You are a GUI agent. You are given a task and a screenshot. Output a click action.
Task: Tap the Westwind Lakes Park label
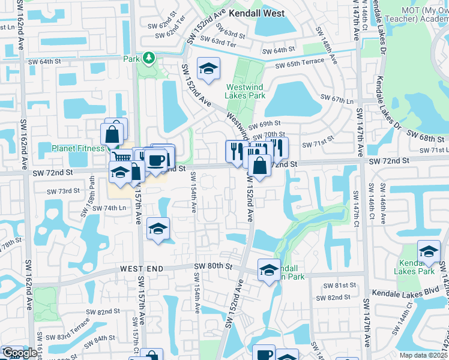coord(246,91)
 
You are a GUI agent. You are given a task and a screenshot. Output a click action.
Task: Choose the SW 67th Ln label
coord(336,97)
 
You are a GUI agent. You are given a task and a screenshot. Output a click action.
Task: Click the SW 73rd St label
coord(64,191)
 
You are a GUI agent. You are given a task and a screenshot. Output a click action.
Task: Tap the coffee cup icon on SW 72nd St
coord(157,161)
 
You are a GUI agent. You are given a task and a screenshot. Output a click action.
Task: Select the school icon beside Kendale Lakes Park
coord(429,252)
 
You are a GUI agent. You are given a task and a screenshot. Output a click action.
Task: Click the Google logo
coord(19,353)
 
